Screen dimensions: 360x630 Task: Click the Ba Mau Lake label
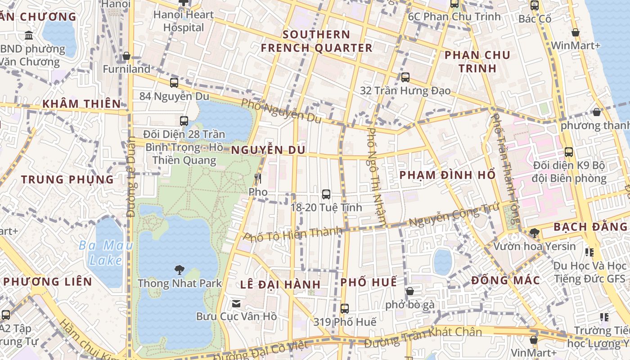pos(106,252)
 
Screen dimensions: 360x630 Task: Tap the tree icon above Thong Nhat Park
pos(180,270)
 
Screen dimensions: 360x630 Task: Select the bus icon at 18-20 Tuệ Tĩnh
pos(326,194)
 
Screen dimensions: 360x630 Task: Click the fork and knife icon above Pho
pos(258,179)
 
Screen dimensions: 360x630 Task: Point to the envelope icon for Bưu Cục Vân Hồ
pos(236,303)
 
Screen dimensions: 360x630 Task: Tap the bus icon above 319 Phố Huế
pos(345,309)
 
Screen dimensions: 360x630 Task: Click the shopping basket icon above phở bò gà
pos(409,291)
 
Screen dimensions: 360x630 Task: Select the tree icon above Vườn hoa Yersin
pos(534,233)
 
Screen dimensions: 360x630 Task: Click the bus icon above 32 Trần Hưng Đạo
pos(405,77)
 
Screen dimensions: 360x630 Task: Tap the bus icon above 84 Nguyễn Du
pos(174,83)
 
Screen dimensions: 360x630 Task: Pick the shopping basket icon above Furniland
pos(126,56)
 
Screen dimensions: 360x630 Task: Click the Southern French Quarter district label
pos(317,41)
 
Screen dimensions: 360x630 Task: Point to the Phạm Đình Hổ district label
pos(448,175)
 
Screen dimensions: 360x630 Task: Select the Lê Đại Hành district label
pos(280,284)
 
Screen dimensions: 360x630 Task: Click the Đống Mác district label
pos(505,280)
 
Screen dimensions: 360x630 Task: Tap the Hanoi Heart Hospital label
pos(184,21)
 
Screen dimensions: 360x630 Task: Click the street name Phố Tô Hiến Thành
pos(292,234)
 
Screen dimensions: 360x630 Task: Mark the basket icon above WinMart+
pos(575,32)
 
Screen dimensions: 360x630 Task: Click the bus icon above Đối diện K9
pos(569,152)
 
